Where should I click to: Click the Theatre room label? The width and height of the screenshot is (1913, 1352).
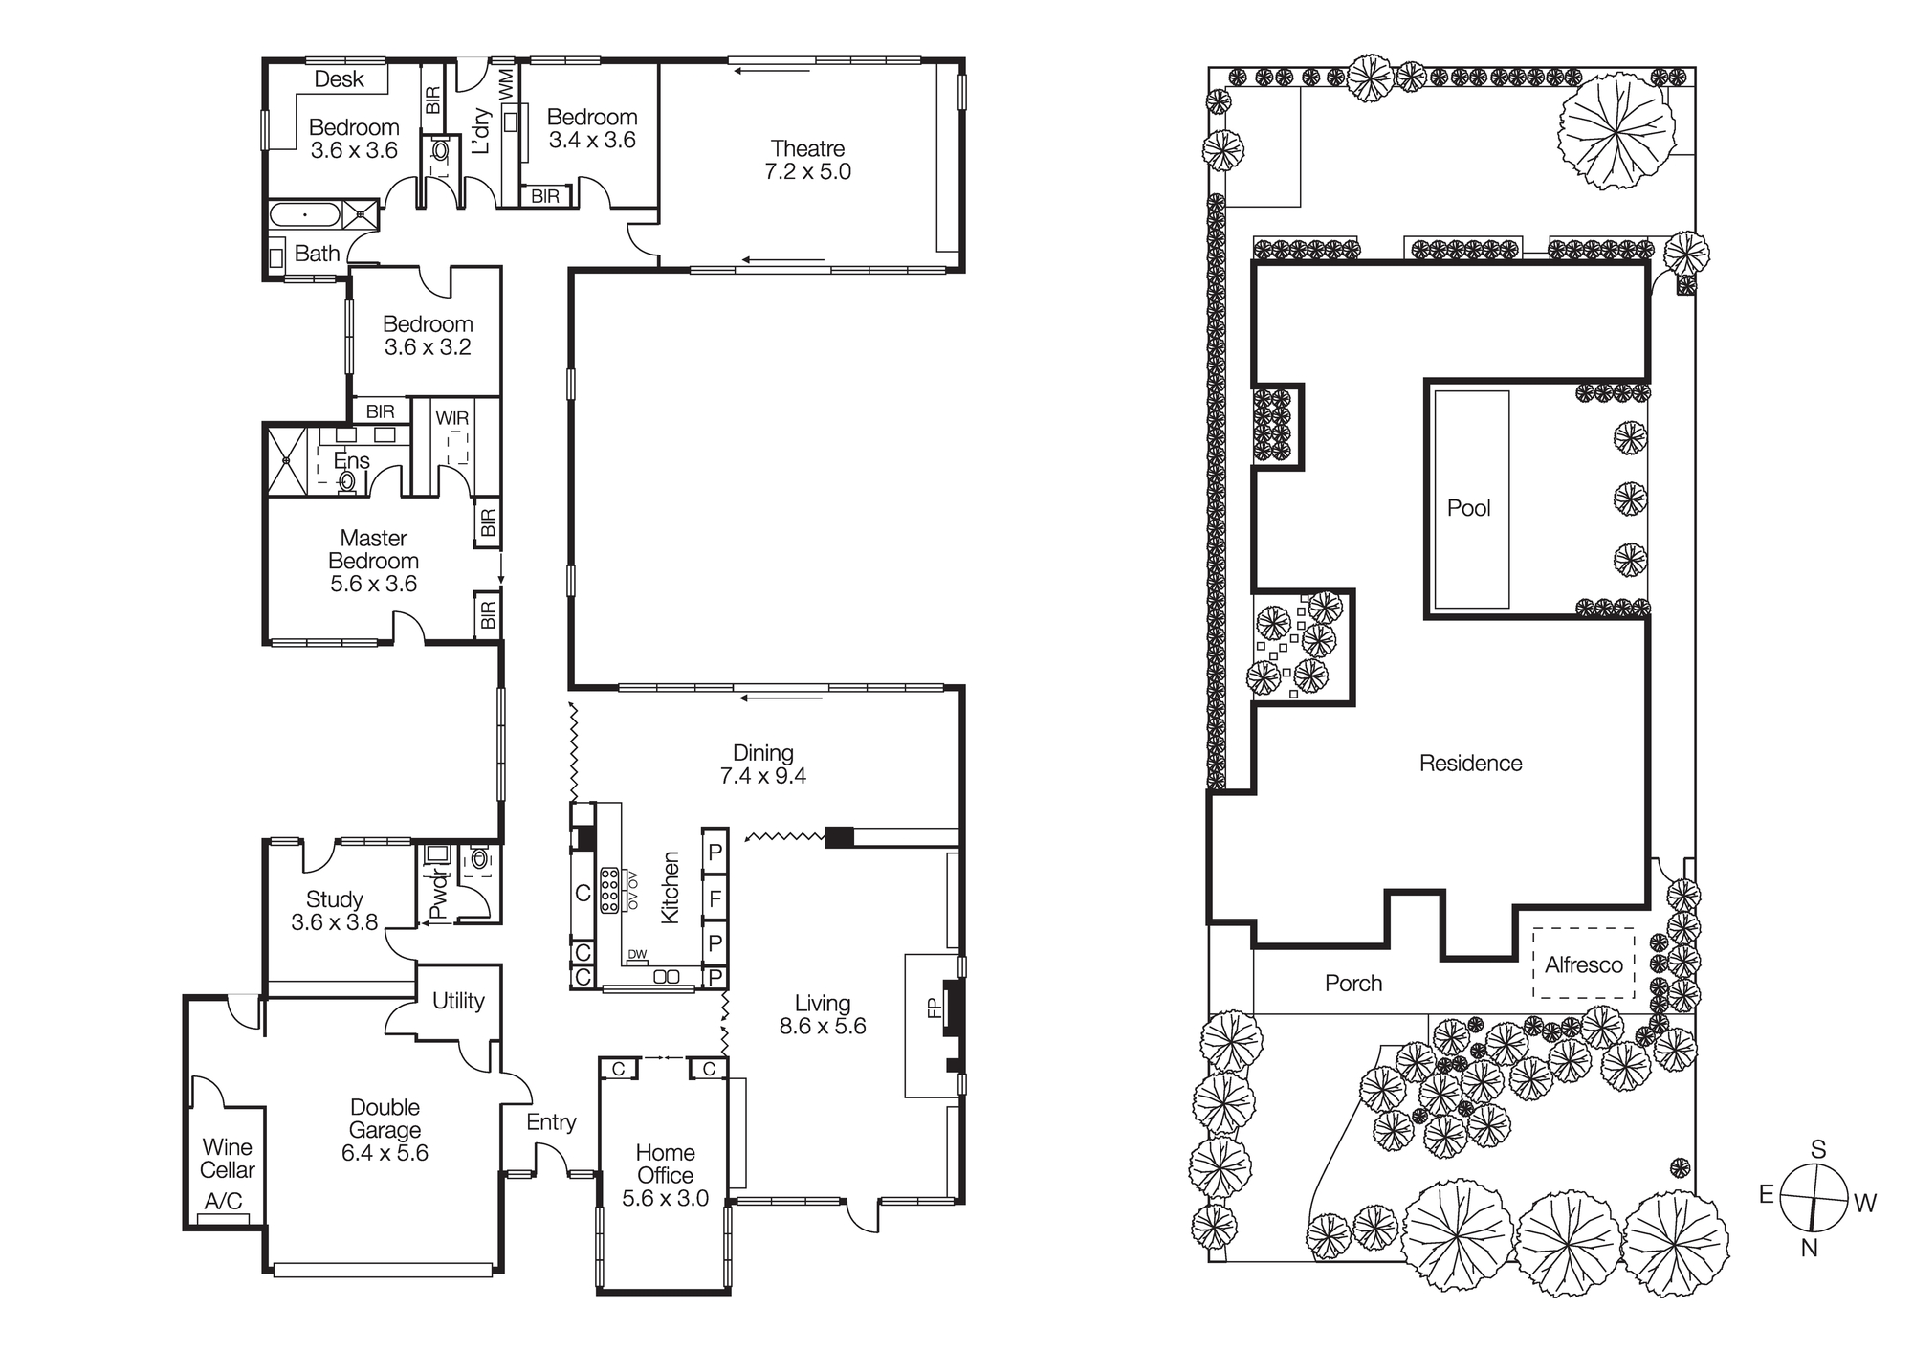(808, 149)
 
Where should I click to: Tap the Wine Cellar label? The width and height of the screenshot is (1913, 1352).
(228, 1158)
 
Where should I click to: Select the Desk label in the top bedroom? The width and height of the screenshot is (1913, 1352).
(340, 79)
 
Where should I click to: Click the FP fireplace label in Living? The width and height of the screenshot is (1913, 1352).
(935, 1008)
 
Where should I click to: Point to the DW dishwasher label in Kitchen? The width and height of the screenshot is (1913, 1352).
(637, 954)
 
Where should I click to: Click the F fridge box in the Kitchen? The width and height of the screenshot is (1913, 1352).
(715, 898)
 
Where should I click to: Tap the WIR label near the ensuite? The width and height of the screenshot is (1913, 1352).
(451, 418)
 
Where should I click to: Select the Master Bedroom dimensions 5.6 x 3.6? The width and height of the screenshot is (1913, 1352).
(373, 584)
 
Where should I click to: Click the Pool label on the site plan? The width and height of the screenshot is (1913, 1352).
(1468, 508)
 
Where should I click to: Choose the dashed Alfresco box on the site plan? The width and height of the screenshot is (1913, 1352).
(1583, 964)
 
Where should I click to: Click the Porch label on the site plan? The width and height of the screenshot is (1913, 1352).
(1353, 983)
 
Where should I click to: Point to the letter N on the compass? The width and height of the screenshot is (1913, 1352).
(1809, 1248)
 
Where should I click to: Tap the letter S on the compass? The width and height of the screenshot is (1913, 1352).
(1818, 1149)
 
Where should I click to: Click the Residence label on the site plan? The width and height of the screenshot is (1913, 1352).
(1470, 763)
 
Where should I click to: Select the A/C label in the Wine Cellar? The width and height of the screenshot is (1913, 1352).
(223, 1201)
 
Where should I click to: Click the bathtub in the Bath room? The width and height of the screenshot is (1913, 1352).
(304, 214)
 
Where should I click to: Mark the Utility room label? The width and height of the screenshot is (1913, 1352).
(458, 1000)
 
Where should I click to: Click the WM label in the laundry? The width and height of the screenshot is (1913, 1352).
(506, 81)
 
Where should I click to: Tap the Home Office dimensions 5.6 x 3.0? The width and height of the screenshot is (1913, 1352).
(665, 1198)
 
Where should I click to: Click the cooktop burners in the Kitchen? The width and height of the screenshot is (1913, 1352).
(608, 892)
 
